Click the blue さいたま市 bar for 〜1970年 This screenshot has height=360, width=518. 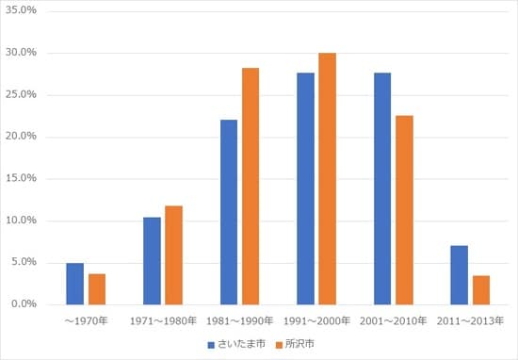[75, 284]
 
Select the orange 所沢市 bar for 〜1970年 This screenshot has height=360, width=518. [96, 289]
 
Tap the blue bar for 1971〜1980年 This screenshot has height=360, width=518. [152, 261]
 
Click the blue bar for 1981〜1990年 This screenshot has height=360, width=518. [229, 212]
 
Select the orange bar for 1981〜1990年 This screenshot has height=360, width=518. [251, 187]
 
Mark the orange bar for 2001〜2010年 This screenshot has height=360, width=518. [404, 210]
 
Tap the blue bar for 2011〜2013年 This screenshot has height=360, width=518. [459, 275]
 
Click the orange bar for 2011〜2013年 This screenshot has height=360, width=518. [480, 290]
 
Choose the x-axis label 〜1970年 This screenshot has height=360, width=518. [86, 321]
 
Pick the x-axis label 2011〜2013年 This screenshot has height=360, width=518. [469, 321]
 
